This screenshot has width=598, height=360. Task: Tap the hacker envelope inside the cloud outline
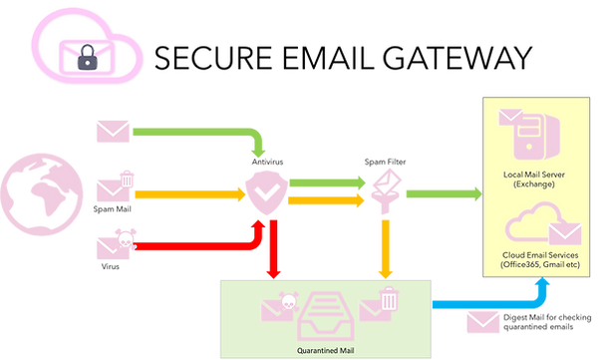tap(89, 57)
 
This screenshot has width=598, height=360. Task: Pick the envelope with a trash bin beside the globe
tap(113, 186)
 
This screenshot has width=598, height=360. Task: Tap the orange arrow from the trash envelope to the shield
tap(184, 194)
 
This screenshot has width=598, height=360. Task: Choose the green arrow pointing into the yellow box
tap(439, 191)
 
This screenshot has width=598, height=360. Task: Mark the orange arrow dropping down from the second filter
tap(384, 244)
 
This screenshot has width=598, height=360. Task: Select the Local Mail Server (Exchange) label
tap(535, 180)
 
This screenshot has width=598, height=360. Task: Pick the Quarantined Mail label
tap(326, 350)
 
